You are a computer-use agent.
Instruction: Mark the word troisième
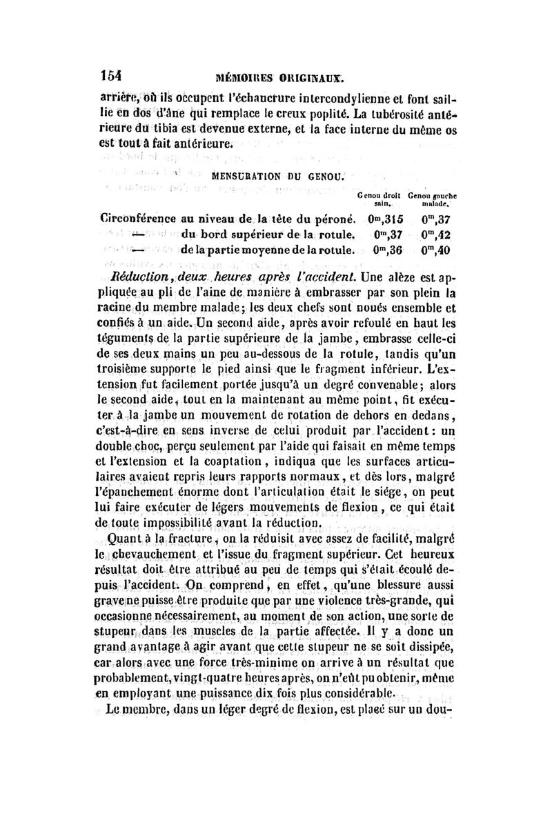133,372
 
